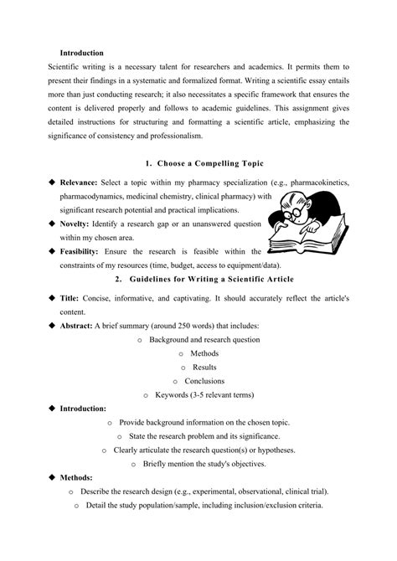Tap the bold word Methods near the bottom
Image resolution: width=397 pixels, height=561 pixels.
click(x=77, y=476)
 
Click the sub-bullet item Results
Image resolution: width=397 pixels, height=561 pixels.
click(x=204, y=367)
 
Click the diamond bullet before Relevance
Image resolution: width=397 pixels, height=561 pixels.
click(x=51, y=182)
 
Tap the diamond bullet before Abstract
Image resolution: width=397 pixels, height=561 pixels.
click(x=51, y=324)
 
